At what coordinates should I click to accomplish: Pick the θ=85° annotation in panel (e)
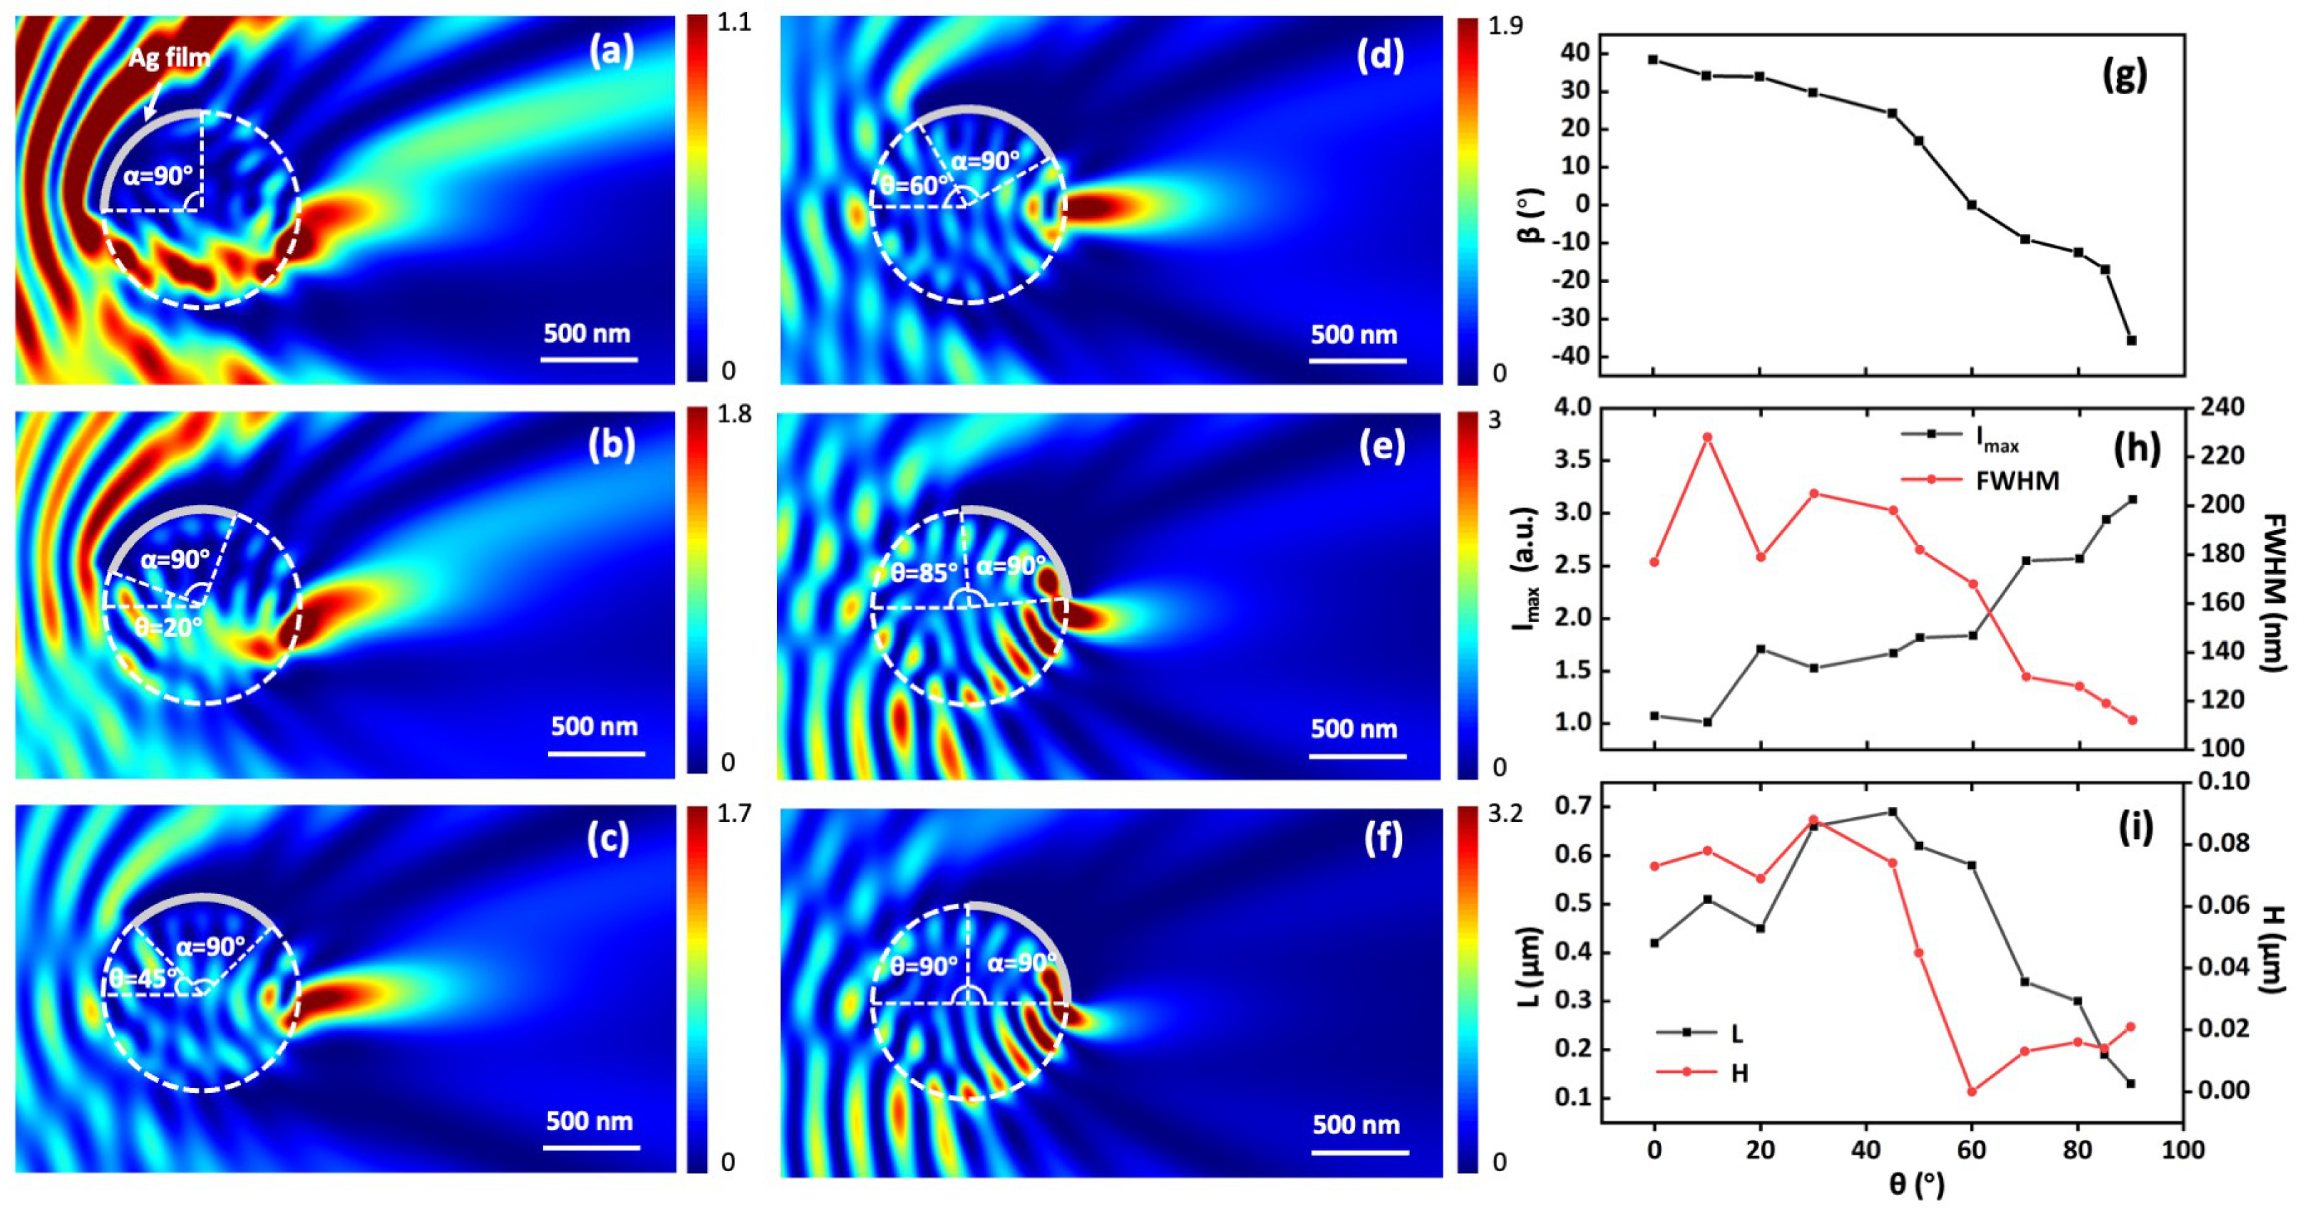924,572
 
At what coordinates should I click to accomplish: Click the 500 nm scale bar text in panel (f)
1356,1125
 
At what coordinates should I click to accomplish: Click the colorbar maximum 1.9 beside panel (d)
1505,26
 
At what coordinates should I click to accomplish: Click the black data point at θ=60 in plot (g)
1971,205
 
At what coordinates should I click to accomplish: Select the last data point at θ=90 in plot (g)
2131,341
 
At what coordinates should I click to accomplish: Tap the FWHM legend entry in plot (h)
2016,481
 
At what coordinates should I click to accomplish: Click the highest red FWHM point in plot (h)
1707,437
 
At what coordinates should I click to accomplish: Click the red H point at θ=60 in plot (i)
1971,1091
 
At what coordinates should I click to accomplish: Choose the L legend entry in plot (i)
1736,1034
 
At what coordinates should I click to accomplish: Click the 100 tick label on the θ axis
2183,1149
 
